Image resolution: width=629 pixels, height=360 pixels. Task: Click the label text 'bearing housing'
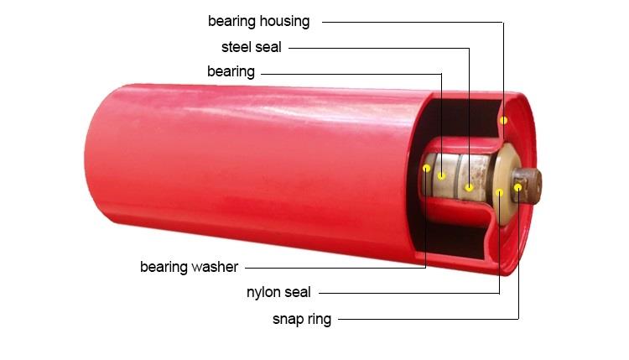point(259,22)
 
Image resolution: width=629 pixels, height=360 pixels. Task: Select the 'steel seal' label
point(252,47)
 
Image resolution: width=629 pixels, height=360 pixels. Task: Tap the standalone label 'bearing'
point(231,72)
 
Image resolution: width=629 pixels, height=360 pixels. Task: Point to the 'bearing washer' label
point(189,268)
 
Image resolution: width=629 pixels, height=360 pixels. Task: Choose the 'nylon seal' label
point(278,293)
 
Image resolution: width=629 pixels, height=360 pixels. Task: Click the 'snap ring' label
point(302,320)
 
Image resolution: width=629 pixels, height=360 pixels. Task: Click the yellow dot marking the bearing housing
point(503,120)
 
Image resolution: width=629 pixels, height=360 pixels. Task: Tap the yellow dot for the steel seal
point(469,187)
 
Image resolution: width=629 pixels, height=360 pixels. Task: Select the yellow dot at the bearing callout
point(442,175)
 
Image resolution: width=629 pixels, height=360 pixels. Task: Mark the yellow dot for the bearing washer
point(426,168)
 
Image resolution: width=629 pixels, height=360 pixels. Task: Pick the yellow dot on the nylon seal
point(500,193)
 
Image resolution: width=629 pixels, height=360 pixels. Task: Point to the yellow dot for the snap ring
point(518,187)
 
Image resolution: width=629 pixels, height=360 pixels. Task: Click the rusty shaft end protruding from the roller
point(527,185)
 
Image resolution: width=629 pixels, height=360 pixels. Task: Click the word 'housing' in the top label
point(284,22)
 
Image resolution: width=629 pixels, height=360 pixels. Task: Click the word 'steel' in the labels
point(237,47)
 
